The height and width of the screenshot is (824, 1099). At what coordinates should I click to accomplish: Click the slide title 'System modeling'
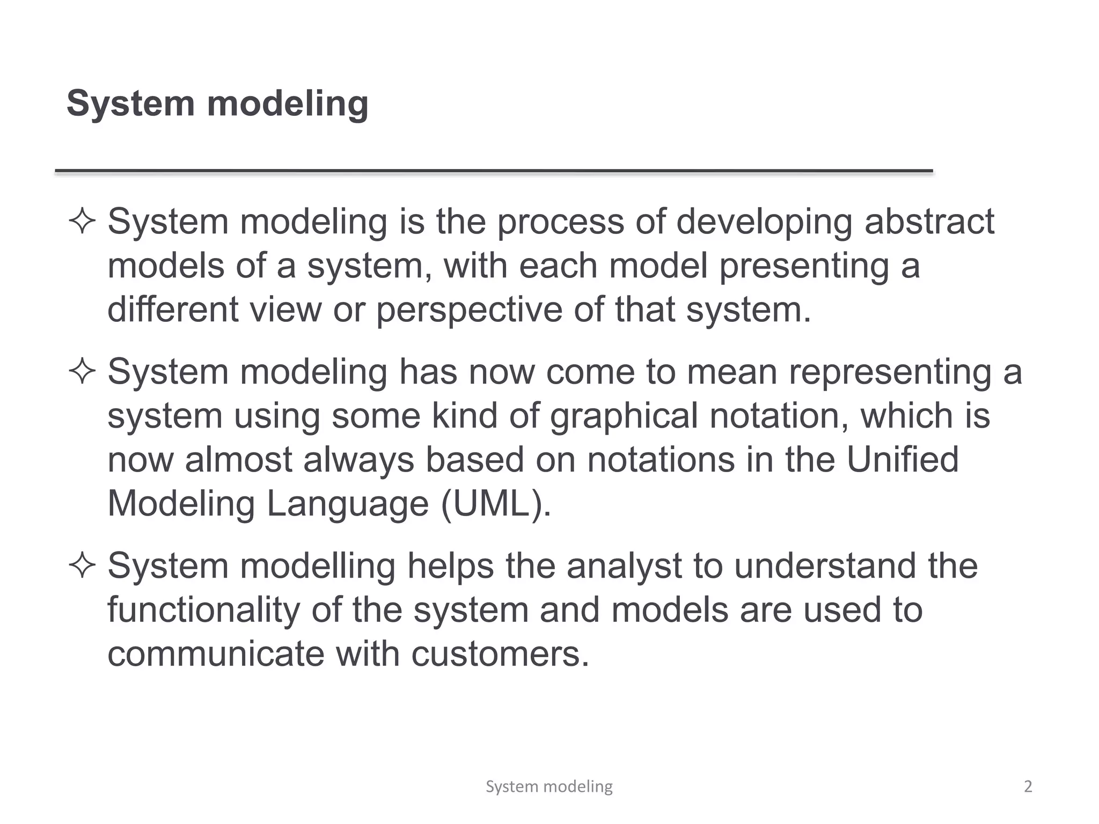[217, 103]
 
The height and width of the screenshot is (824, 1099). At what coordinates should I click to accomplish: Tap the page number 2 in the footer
[1028, 786]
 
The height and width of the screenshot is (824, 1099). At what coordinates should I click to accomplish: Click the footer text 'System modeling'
[549, 786]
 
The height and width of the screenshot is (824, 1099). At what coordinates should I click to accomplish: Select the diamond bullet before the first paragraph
[82, 222]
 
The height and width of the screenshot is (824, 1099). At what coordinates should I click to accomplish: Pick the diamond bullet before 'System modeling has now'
[82, 372]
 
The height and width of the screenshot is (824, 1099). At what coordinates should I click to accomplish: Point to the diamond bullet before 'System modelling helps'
[82, 566]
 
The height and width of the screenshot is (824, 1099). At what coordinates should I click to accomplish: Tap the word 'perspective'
[469, 311]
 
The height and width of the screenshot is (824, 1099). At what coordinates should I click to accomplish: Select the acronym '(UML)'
[495, 504]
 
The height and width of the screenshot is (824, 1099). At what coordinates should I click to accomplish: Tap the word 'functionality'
[203, 611]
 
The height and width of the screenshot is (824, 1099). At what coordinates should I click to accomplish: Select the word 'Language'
[348, 504]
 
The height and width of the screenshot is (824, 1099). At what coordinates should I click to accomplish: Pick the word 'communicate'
[216, 654]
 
